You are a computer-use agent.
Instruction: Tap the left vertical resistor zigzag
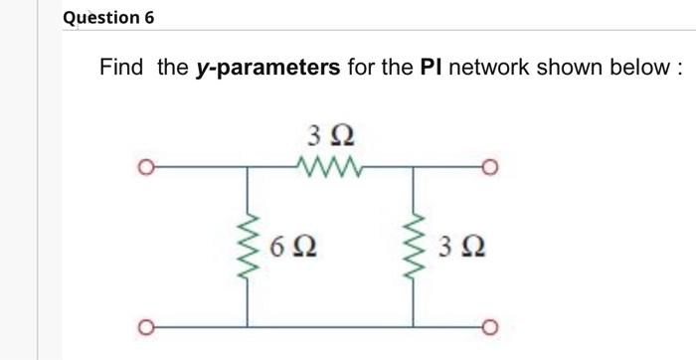248,245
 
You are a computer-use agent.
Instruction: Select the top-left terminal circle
145,167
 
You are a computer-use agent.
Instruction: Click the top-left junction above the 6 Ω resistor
248,167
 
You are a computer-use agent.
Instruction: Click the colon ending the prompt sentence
678,70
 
